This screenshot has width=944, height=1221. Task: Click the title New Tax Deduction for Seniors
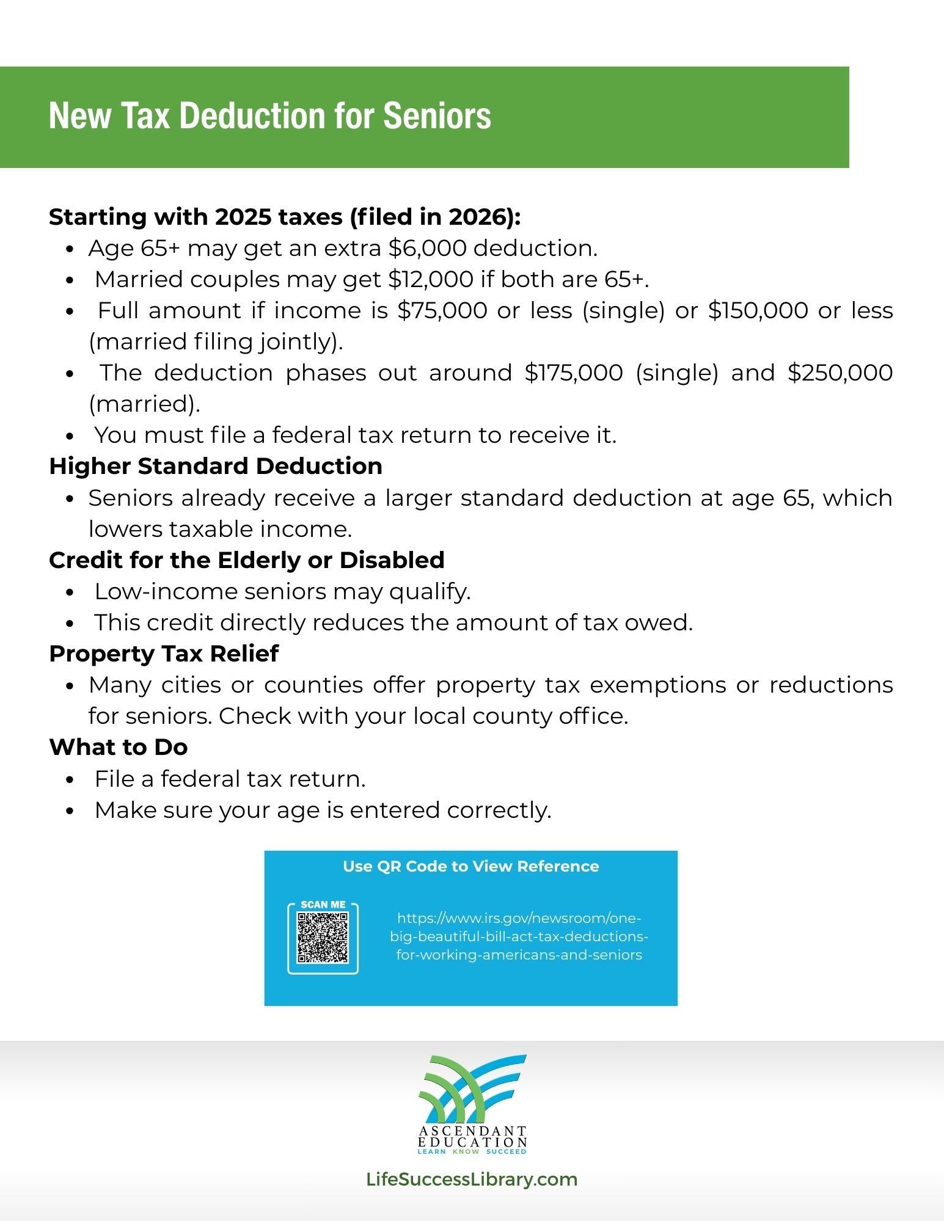(269, 115)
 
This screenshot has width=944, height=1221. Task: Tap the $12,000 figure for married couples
(431, 279)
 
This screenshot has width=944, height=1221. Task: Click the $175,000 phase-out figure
(573, 373)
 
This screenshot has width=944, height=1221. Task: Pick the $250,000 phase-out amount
(840, 373)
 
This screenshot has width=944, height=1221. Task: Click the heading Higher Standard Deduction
(216, 466)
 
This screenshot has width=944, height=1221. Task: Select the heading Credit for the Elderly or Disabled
(247, 560)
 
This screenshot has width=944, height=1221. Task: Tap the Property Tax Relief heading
(164, 654)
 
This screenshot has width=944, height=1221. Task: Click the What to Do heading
(119, 747)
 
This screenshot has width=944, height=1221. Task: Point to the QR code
(323, 938)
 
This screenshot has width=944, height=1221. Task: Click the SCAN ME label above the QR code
(323, 905)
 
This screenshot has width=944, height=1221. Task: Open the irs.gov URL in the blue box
(519, 936)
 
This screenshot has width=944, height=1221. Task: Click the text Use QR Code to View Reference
(470, 866)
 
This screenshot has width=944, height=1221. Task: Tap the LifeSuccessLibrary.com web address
(472, 1179)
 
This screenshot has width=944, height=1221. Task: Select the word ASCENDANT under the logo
(472, 1132)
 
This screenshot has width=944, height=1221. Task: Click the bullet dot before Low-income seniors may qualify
(70, 592)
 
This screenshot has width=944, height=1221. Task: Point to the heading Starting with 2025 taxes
(285, 217)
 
